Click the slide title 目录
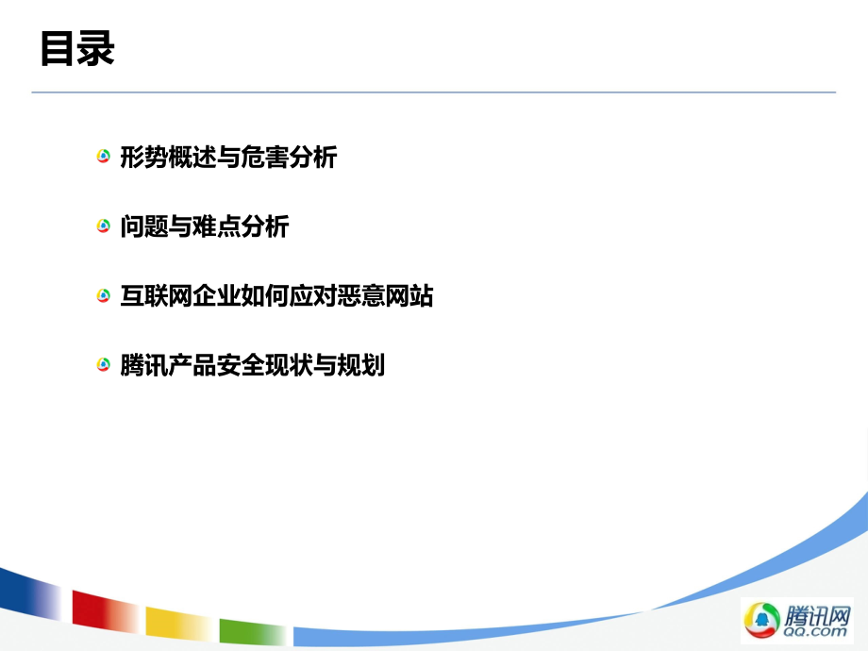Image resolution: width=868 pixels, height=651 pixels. click(77, 49)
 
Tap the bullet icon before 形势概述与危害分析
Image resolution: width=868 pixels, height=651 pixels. click(104, 157)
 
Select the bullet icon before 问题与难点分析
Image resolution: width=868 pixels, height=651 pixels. click(104, 226)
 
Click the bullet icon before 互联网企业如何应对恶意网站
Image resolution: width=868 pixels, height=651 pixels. click(104, 296)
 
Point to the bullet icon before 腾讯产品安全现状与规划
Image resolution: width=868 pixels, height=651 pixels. click(104, 365)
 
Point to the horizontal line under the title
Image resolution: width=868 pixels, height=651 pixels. click(434, 92)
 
